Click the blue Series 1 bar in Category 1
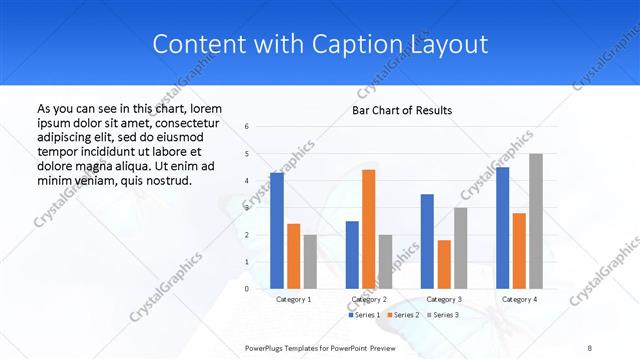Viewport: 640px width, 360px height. tap(277, 230)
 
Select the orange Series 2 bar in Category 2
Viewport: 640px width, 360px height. tap(368, 229)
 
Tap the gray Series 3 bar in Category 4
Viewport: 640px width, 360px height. tap(536, 221)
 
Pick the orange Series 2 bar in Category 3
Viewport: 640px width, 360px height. tap(444, 264)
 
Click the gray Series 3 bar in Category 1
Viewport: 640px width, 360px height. tap(310, 261)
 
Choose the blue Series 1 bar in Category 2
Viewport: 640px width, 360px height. tap(352, 254)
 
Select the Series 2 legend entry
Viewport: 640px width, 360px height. tap(403, 315)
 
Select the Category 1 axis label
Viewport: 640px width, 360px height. tap(293, 299)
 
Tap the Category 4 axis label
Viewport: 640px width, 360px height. tap(519, 299)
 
